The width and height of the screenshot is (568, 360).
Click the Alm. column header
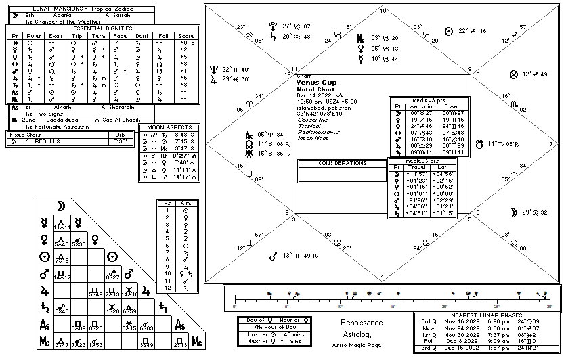[184, 202]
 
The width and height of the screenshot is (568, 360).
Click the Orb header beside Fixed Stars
[121, 134]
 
